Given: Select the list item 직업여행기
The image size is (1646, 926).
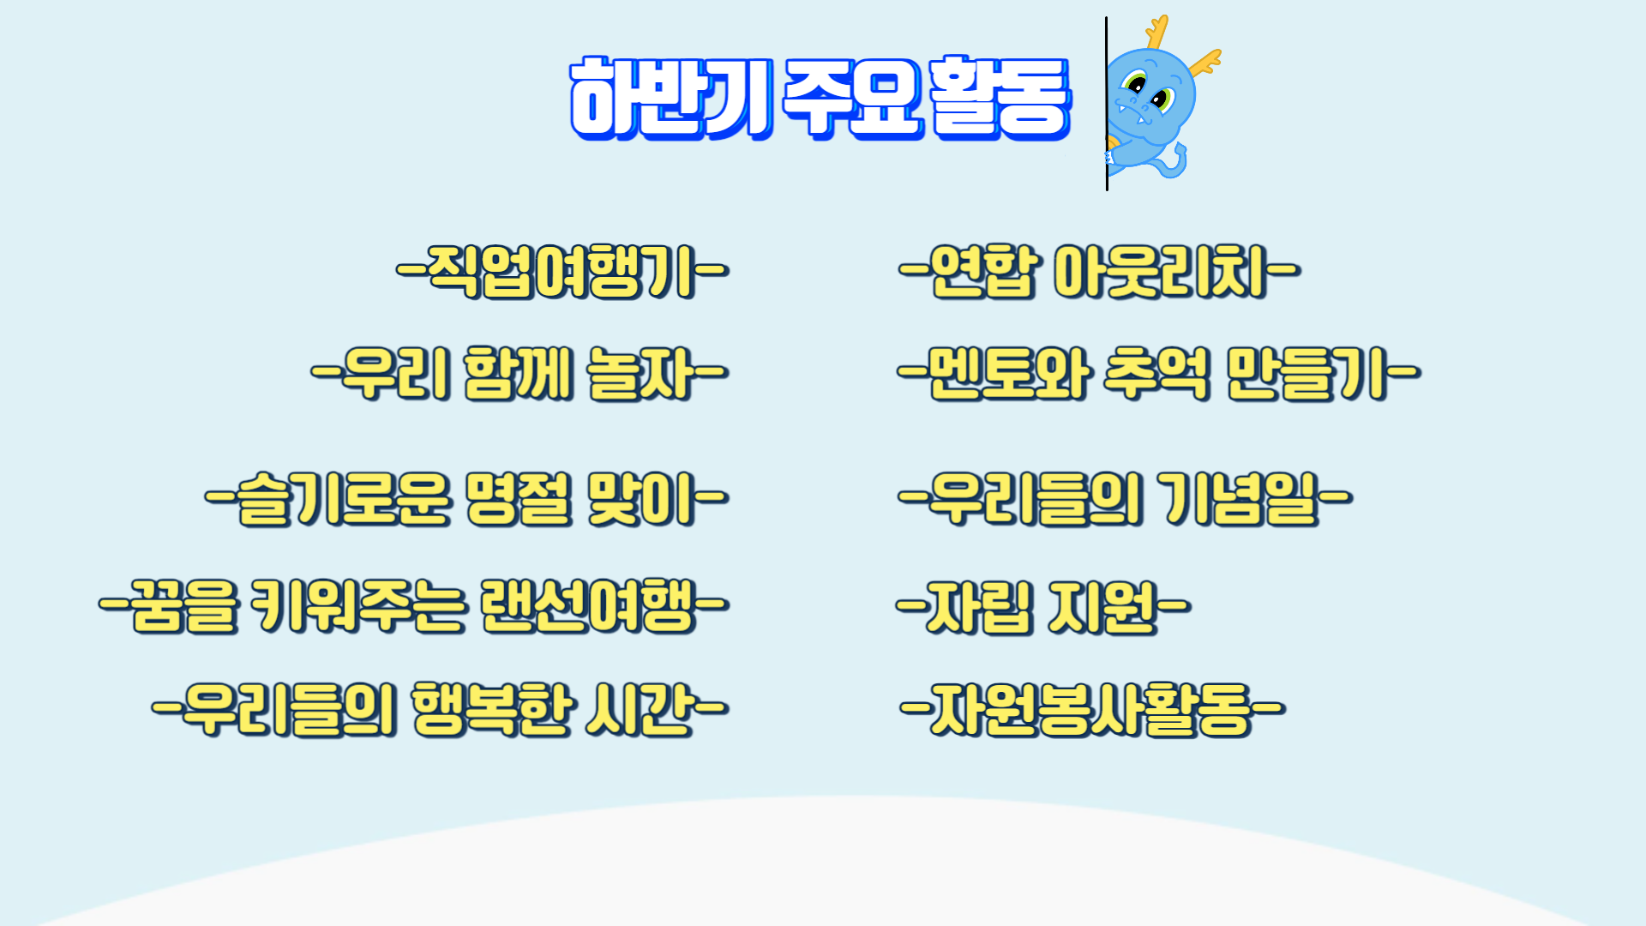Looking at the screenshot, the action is click(563, 272).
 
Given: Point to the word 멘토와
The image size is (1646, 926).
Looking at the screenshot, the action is click(1010, 375).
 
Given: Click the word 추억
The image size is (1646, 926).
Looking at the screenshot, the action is click(1156, 375).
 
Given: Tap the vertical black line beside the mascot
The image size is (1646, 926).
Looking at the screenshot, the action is click(1107, 104).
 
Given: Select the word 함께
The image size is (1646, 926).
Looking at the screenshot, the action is click(519, 375).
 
